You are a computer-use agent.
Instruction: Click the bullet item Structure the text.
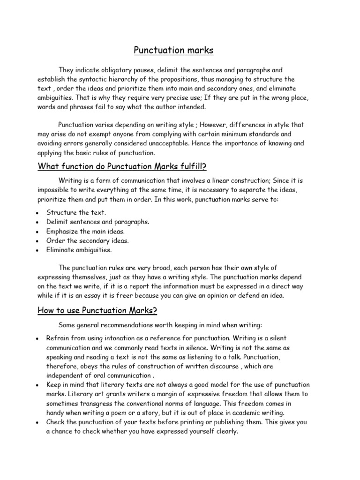[x=76, y=212]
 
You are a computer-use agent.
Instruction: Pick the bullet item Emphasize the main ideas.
[x=86, y=231]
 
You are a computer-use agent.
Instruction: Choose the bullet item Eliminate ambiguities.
[x=79, y=250]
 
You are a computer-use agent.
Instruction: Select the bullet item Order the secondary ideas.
[x=88, y=240]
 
